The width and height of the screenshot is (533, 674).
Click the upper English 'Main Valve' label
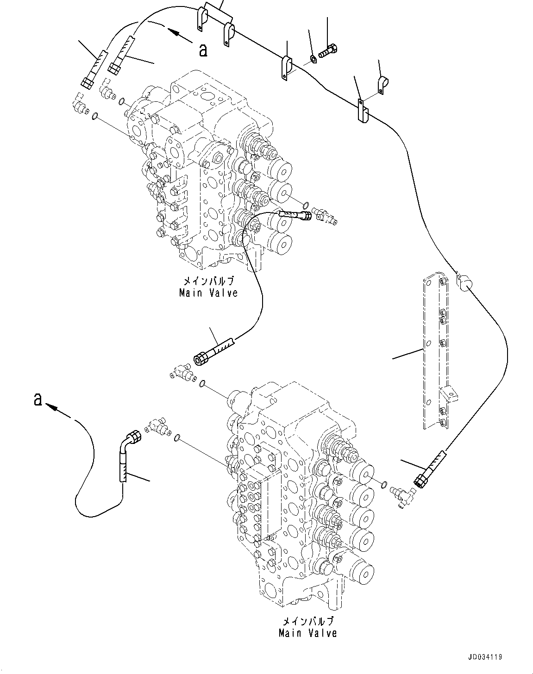click(208, 293)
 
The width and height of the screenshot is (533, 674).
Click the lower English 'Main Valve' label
click(307, 633)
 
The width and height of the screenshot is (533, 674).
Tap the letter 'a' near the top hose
click(202, 50)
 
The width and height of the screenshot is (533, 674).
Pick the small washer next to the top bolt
click(313, 59)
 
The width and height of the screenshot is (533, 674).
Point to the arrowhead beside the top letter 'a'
click(174, 32)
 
